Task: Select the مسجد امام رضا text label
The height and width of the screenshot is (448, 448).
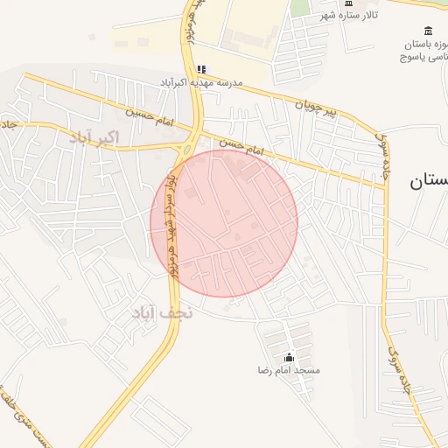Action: coord(289,371)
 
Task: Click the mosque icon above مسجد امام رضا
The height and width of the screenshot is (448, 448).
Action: coord(290,357)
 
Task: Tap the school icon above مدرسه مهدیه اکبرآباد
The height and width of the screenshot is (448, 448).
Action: coord(201,69)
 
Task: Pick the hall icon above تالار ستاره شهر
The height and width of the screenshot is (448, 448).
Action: coord(348,3)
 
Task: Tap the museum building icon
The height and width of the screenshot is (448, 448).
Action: coord(427,31)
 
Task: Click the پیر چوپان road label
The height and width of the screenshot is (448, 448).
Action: coord(314,108)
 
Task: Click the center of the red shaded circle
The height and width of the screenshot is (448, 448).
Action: coord(224,223)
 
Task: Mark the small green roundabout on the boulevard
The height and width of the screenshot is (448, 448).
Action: coord(186,148)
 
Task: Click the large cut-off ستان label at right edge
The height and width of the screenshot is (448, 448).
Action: coord(429,182)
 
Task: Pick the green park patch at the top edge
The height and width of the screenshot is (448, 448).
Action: coord(300,7)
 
